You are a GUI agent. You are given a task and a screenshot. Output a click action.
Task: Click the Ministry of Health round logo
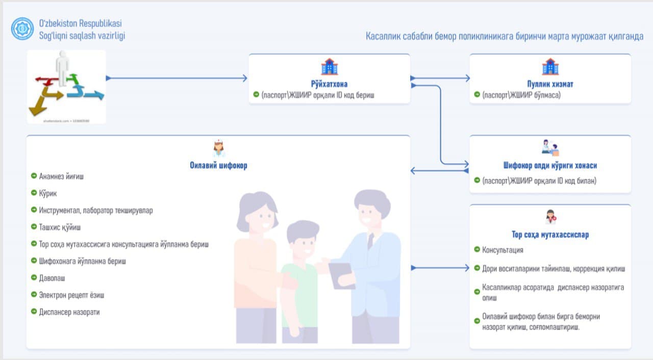22,29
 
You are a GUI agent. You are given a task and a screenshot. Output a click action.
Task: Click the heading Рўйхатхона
329,84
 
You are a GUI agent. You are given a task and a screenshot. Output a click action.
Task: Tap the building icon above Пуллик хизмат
550,67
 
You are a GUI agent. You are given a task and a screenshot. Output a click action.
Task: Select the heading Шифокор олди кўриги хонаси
549,166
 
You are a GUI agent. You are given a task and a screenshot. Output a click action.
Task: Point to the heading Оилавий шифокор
218,166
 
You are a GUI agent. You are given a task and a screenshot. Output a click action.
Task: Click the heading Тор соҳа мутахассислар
550,235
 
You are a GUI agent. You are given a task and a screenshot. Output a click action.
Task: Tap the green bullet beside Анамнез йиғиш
34,176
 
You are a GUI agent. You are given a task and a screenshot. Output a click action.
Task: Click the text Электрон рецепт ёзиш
71,295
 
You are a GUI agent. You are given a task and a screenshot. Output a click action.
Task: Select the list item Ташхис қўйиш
60,227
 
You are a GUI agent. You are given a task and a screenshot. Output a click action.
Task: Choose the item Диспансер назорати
69,312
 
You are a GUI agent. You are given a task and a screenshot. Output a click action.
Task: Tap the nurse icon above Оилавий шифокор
218,149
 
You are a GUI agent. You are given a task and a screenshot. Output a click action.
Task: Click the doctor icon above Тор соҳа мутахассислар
550,217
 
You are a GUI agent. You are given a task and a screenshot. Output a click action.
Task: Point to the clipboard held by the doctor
340,275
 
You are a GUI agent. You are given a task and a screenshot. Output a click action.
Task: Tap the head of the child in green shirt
302,237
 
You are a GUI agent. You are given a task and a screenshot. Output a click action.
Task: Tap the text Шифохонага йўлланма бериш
82,261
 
